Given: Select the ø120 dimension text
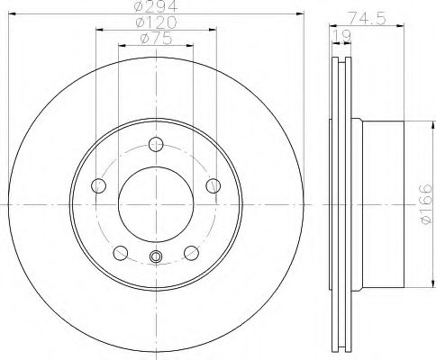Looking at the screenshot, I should coord(156,22).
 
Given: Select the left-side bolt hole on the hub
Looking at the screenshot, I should coord(100,185).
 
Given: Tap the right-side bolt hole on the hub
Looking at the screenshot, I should coord(213,185).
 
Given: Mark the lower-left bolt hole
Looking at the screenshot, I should coord(122,251).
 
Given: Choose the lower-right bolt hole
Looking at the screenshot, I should coord(192,251).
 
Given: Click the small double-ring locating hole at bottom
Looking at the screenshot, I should coord(157,259).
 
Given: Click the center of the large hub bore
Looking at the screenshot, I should coord(157,203).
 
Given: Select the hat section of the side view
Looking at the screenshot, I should coord(378,203).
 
